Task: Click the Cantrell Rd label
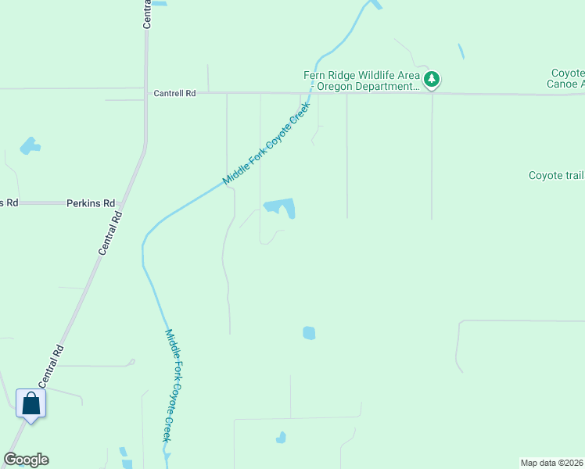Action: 174,93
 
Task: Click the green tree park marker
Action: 431,79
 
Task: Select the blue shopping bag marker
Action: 31,404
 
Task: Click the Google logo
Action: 26,460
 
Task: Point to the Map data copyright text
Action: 551,463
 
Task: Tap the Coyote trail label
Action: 556,175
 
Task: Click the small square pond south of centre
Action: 309,333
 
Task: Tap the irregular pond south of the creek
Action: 282,207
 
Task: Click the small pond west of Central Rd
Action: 30,145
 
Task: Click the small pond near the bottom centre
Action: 280,438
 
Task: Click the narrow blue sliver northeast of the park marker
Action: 461,52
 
